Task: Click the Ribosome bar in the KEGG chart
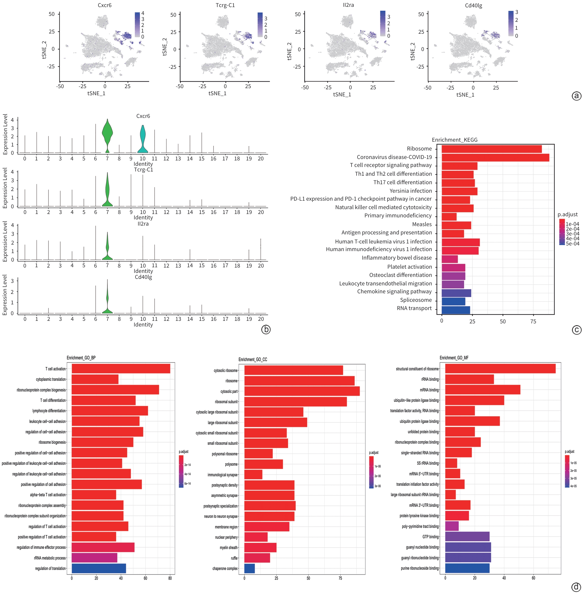492,149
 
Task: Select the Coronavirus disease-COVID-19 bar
495,158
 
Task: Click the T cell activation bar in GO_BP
121,369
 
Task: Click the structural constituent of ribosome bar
500,369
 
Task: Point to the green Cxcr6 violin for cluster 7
107,135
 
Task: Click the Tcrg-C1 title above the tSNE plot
225,5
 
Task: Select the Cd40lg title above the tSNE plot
473,5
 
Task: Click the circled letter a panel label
576,96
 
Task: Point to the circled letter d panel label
576,587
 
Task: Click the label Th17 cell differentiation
403,183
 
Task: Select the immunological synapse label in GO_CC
222,475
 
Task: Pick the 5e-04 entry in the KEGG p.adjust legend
572,244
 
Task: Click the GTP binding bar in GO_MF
467,537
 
